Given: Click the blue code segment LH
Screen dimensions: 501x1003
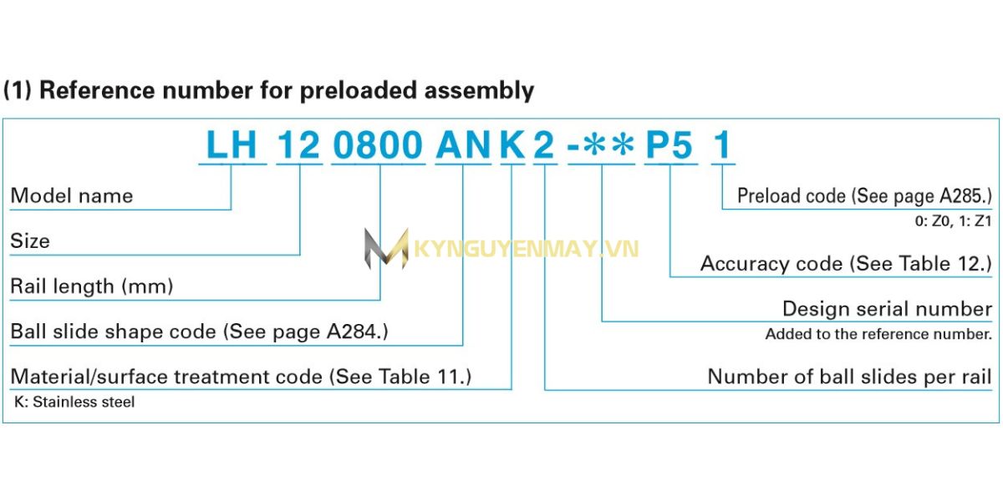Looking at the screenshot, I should click(232, 146).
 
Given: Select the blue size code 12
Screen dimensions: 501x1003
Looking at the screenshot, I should click(298, 146).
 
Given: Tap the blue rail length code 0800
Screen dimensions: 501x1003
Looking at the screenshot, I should click(379, 146).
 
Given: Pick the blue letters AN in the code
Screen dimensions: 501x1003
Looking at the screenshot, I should click(463, 146).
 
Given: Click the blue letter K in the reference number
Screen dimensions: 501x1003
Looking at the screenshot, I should click(512, 146).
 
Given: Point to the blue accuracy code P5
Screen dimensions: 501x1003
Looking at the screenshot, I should click(670, 146).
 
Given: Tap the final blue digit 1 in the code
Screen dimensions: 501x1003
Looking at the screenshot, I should click(721, 146).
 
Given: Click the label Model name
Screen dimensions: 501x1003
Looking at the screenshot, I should click(72, 196).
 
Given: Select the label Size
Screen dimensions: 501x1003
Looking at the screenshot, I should click(30, 241).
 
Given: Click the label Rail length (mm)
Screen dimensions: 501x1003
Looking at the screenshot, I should click(91, 286).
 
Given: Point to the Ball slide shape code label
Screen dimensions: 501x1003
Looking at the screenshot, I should click(199, 331).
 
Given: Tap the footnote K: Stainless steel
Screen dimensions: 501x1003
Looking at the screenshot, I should click(74, 402).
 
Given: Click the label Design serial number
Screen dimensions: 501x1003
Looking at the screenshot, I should click(887, 309).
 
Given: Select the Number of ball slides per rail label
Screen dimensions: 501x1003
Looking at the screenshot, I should click(849, 377).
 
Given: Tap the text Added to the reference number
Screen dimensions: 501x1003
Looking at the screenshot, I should click(878, 335).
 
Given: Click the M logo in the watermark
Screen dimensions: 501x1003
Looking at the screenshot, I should click(385, 248).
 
